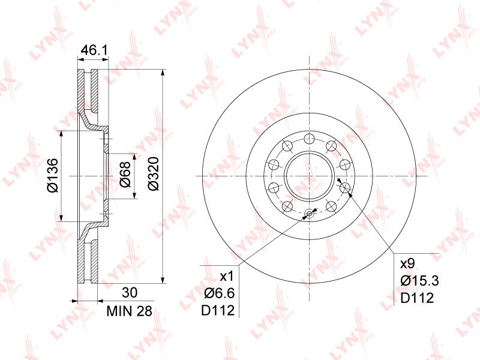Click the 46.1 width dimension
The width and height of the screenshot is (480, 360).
[x=94, y=50]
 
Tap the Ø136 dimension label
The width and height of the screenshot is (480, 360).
[x=53, y=175]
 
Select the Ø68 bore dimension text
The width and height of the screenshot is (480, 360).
[x=125, y=174]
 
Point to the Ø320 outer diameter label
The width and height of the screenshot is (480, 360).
[x=154, y=173]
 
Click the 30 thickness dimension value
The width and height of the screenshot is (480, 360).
[x=130, y=293]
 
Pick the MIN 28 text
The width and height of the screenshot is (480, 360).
[x=129, y=311]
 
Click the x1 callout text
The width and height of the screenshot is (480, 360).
[x=227, y=277]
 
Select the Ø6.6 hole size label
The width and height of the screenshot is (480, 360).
[x=219, y=293]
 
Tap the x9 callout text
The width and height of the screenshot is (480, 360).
[x=407, y=263]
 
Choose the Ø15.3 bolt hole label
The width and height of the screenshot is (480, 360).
[x=419, y=280]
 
